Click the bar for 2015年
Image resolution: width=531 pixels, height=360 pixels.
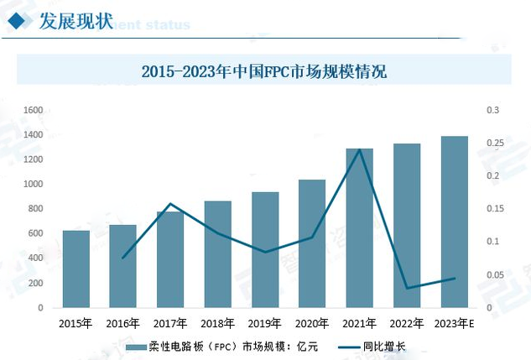click(75, 269)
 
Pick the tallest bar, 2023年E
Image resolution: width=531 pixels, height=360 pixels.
click(455, 222)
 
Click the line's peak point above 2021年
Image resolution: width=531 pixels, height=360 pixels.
click(360, 149)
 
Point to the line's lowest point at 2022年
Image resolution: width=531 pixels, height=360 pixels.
click(408, 289)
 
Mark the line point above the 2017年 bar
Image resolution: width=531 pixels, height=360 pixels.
click(170, 204)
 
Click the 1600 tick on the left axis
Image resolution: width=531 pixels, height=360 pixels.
click(33, 110)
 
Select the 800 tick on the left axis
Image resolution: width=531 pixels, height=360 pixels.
click(35, 209)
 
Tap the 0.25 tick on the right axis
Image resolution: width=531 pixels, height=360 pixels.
click(494, 143)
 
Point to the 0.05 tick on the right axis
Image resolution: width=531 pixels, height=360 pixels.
click(494, 275)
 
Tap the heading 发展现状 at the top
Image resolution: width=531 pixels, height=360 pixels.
click(75, 21)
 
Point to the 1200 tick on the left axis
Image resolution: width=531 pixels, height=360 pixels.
click(33, 159)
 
